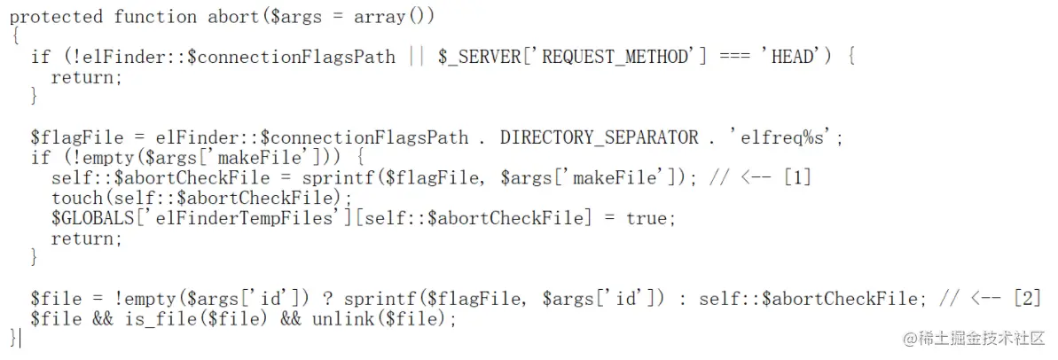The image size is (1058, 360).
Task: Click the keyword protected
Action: tap(56, 17)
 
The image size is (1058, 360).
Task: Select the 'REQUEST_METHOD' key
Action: tap(615, 57)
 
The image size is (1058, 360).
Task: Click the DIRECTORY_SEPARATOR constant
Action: tap(599, 137)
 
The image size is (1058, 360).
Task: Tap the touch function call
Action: tap(76, 198)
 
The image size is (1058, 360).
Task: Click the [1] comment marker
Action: tap(795, 177)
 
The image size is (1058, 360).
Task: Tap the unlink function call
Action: tap(341, 319)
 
